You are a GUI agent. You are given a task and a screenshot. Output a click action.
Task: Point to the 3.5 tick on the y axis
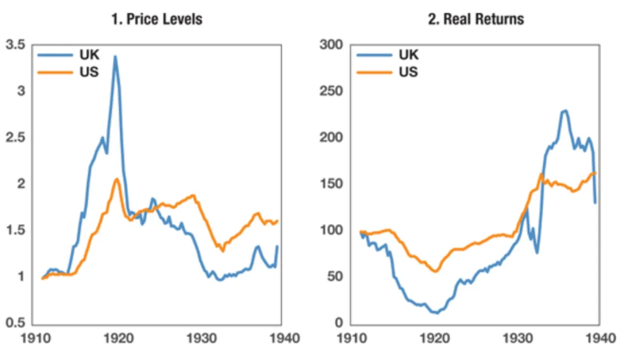pos(16,45)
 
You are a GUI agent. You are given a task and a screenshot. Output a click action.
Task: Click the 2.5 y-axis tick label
pos(16,138)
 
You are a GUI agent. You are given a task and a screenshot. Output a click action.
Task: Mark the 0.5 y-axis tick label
pos(16,323)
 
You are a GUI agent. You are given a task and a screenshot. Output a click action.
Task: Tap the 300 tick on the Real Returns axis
pos(331,45)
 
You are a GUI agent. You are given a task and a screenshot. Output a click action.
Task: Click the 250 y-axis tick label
pos(331,91)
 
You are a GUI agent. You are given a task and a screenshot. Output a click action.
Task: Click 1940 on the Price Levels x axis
pos(279,339)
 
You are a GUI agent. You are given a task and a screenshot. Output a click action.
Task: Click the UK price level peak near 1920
pos(115,57)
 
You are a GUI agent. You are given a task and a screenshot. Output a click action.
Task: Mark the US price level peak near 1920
pos(117,179)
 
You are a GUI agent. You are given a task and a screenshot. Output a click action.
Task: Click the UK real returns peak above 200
pos(565,110)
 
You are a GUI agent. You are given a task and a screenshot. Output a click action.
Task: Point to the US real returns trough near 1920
pos(436,271)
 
